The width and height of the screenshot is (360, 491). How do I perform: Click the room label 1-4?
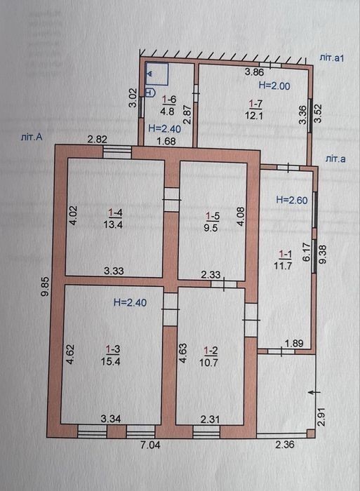coord(115,213)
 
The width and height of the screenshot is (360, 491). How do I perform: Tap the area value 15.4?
coord(111,361)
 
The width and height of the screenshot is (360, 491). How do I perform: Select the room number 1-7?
coord(255,104)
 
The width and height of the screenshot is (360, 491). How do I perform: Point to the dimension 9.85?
coord(46,286)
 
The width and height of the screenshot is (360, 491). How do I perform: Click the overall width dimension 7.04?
coord(150,445)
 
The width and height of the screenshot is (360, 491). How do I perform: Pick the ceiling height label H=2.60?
coord(292,200)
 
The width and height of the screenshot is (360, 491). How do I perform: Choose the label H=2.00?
coord(274,86)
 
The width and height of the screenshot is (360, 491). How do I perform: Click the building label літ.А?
coord(32,137)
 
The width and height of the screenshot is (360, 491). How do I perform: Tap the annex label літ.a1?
coord(332,58)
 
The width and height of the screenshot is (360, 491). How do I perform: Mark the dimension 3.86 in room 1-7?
coord(255,72)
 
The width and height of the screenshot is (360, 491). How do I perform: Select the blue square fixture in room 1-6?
coord(156,74)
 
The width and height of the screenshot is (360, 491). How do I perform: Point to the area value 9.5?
coord(211,227)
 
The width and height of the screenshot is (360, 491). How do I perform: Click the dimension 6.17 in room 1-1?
coord(307,253)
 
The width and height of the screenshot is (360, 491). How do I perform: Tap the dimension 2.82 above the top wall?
coord(97,140)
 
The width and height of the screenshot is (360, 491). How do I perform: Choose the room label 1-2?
coord(211,351)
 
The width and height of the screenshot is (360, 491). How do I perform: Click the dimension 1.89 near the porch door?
coord(294,344)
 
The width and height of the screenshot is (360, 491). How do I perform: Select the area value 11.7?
coord(283,266)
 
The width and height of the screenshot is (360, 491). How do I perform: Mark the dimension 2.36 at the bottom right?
coord(284,444)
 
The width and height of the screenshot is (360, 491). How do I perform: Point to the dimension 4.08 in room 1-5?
coord(241,217)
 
